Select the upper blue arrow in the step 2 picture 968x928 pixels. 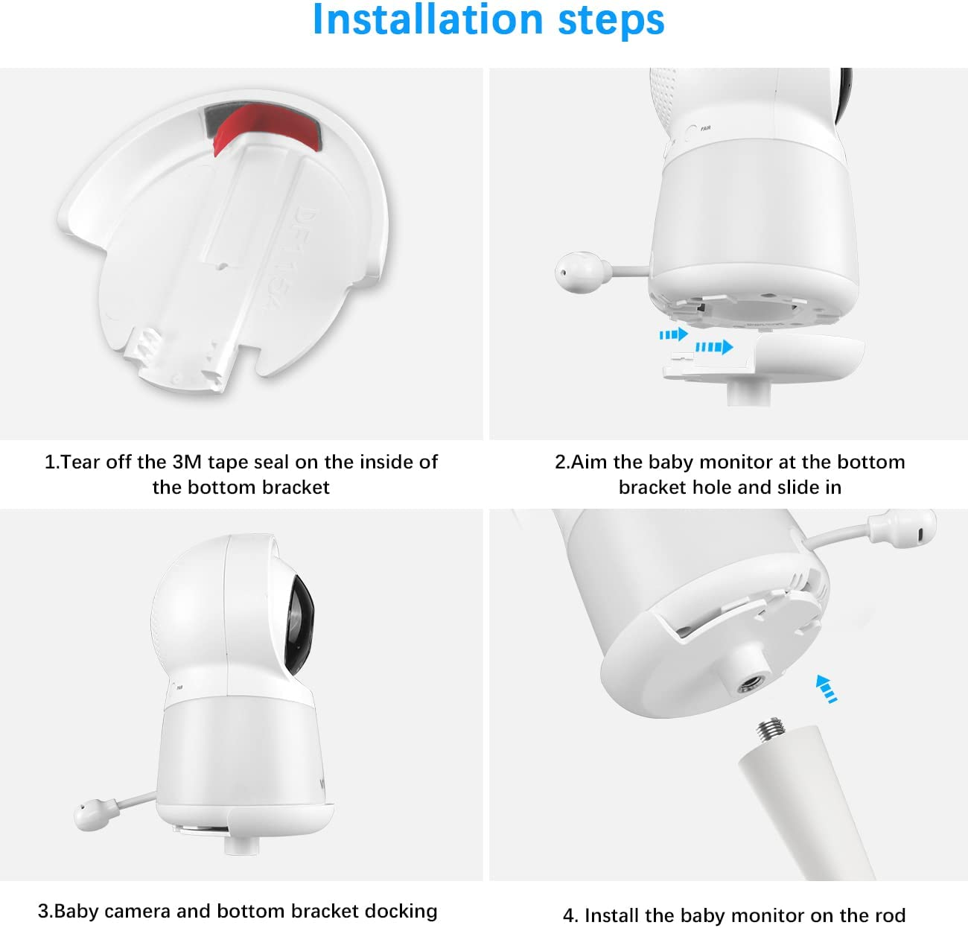pos(673,334)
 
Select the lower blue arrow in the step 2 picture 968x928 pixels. pos(713,346)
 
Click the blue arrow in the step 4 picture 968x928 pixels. pos(826,687)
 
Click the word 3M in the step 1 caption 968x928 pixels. pos(188,462)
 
